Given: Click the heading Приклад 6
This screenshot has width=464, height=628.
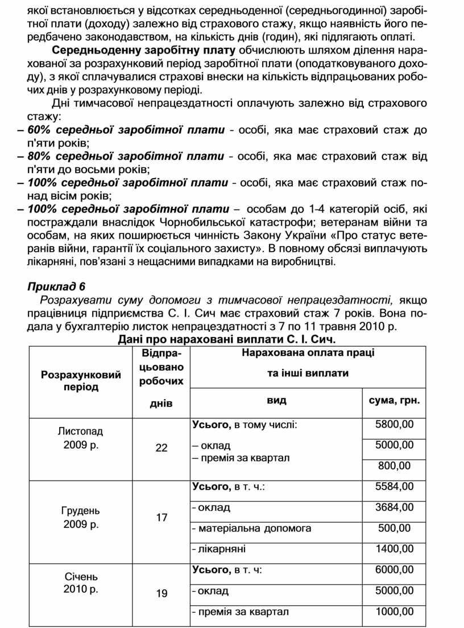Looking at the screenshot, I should point(56,286).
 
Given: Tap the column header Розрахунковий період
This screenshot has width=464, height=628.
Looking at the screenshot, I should point(81,381).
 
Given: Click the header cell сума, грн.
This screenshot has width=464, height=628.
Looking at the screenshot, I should point(394,401).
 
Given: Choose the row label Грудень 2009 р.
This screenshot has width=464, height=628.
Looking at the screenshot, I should point(81,518).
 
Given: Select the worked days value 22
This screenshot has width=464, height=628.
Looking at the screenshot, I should point(161,448).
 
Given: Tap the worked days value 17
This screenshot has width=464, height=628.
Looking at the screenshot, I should point(161,518).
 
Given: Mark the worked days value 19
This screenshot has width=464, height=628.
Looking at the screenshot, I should point(161,594).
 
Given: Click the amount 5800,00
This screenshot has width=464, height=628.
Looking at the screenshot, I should point(395,425).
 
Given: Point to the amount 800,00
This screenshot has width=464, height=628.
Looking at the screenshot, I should point(395,466).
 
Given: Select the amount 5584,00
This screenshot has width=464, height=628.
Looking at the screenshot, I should point(395,487).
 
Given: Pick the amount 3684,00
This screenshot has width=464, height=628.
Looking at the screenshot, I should point(395,507).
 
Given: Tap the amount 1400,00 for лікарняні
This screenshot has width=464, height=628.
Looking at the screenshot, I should point(395,549).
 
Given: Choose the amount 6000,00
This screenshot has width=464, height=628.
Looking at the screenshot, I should point(395,570).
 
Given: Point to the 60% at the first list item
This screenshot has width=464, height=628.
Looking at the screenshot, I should point(39,130).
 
